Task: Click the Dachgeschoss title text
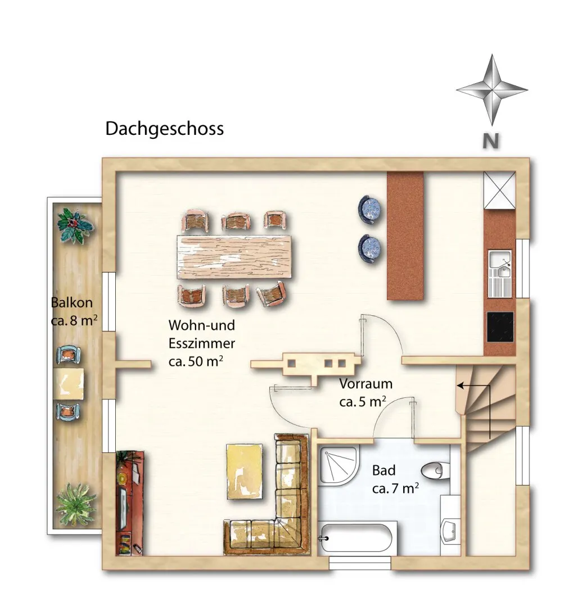[165, 129]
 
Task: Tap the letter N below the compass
[490, 141]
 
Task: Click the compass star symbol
[492, 90]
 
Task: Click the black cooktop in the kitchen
[500, 327]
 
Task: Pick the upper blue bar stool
[369, 210]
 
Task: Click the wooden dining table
[234, 257]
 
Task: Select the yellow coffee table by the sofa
[245, 472]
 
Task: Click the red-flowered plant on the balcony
[75, 226]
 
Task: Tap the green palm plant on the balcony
[75, 504]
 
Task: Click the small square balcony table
[69, 384]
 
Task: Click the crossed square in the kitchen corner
[500, 191]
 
